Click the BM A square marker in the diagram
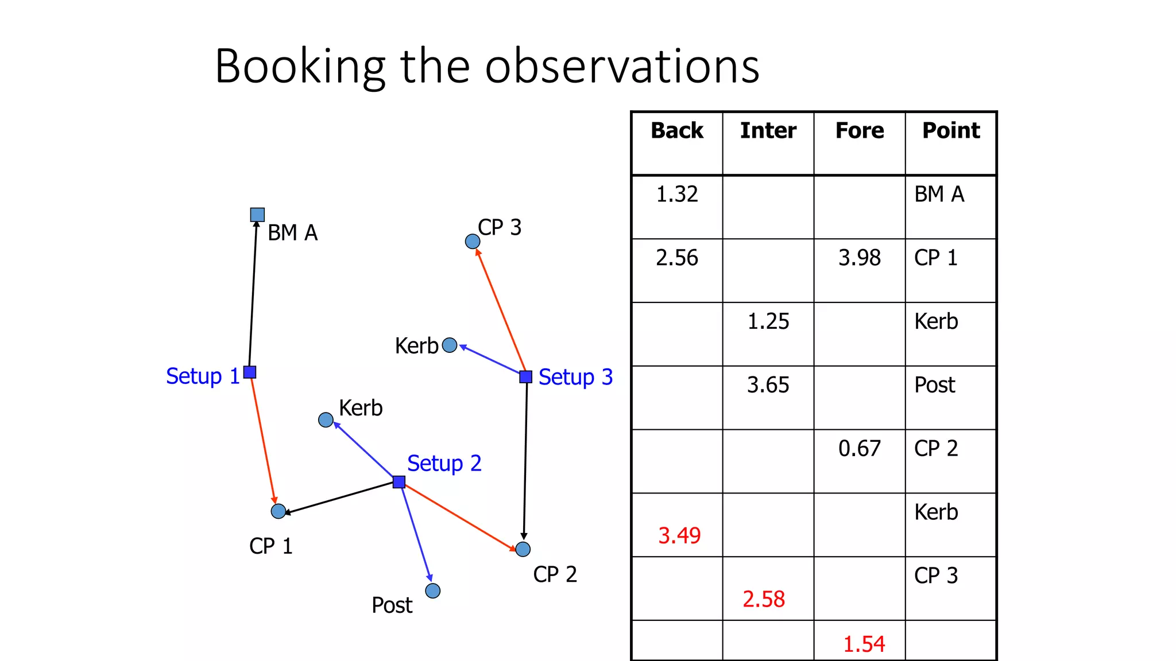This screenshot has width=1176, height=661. coord(257,215)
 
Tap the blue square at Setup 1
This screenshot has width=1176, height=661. coord(250,372)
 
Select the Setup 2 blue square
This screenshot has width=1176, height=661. coord(399,481)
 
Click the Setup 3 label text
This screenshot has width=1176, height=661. coord(575,377)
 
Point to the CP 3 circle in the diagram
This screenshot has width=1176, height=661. coord(473,242)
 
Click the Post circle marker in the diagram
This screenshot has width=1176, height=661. coord(433,590)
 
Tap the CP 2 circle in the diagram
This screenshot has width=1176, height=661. coord(523,549)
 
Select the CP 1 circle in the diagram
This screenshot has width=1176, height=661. coord(278,511)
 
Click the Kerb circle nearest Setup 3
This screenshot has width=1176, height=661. coord(450,345)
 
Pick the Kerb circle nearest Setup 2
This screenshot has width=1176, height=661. coord(326,420)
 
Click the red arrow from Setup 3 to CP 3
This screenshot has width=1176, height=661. coord(501,310)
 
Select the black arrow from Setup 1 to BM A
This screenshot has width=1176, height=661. coord(253,293)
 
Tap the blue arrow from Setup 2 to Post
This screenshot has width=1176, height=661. coord(416,531)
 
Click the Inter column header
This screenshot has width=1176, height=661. coord(768,131)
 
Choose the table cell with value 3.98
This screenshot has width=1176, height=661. coord(859,258)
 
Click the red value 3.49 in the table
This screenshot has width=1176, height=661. coord(679,536)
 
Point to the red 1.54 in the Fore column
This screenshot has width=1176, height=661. coord(864,644)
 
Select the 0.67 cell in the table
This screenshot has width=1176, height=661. coord(859,449)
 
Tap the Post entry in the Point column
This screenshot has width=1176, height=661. coord(935,385)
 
